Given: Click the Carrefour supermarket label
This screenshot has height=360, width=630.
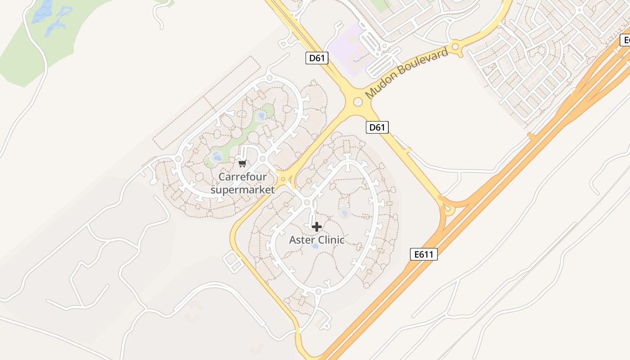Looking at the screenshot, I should [x=242, y=183].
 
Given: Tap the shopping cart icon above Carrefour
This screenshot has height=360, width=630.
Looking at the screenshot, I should [x=243, y=163].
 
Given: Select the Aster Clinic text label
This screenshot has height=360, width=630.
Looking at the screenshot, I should [x=317, y=240].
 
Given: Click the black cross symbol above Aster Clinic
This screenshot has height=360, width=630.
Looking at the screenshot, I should [x=317, y=227].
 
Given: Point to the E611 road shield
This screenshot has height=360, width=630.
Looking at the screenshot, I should [x=424, y=254].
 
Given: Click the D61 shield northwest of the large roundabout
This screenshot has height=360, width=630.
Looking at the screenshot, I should [x=317, y=58].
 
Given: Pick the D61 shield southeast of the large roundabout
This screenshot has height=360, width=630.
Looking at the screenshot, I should [x=377, y=127].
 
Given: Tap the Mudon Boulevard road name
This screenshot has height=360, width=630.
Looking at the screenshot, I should [x=407, y=73].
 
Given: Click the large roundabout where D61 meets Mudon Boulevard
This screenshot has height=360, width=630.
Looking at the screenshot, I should [x=358, y=102].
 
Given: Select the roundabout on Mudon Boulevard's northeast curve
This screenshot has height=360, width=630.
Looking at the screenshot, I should [x=455, y=46].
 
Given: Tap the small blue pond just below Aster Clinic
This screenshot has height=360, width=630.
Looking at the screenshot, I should [x=315, y=246].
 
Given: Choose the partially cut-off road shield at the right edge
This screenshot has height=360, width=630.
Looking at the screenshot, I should [x=625, y=40].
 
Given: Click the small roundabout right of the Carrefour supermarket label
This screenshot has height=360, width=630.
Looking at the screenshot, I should [x=283, y=180].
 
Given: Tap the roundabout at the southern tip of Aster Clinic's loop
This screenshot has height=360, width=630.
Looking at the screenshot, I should [x=318, y=292].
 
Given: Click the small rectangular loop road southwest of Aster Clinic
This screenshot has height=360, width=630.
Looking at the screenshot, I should [x=234, y=262].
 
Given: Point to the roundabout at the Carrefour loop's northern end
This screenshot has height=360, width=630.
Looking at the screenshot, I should [x=269, y=78].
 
